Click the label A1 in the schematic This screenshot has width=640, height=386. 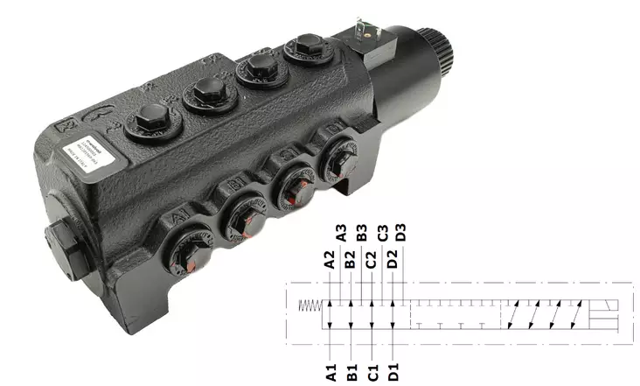coord(330,372)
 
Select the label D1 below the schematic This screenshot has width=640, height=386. coord(394,372)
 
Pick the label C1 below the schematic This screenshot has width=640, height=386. coord(372,372)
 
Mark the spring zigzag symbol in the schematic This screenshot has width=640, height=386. coord(310,305)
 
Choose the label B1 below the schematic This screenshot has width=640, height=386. coord(351,372)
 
